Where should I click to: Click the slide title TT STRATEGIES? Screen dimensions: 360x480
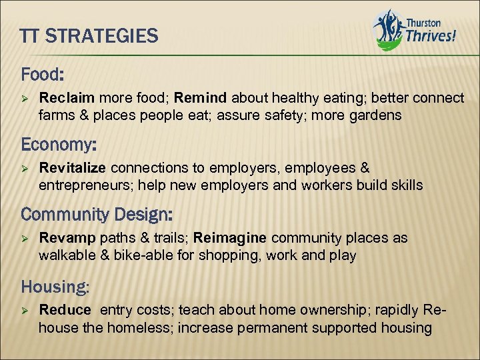89,35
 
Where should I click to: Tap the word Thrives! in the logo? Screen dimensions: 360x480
431,35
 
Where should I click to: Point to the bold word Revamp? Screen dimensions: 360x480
65,239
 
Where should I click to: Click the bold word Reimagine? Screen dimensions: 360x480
230,239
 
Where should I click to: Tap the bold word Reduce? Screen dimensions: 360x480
65,310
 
